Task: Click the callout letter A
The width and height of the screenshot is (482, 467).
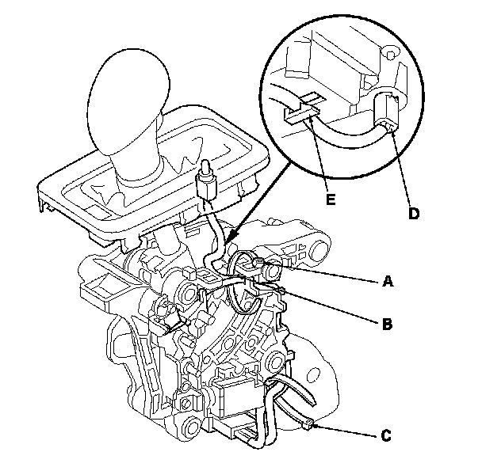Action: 388,281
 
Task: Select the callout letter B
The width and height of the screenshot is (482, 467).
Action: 388,323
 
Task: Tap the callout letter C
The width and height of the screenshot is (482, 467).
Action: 386,435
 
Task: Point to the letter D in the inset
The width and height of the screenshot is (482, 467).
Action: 413,214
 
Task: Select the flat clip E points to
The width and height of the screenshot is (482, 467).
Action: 299,112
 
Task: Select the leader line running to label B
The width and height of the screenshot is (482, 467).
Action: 333,307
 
